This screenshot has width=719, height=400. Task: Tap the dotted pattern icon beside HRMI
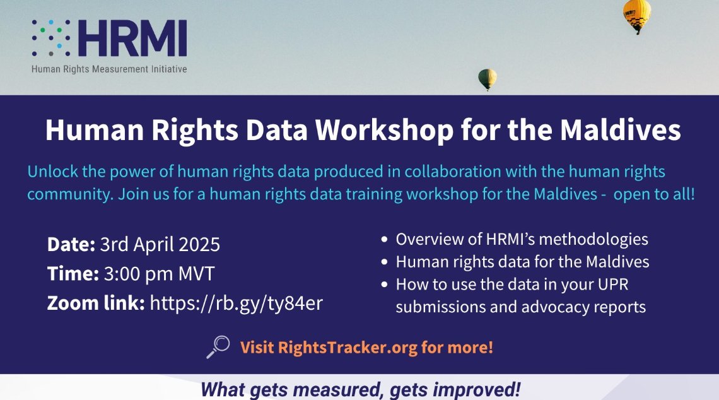click(51, 38)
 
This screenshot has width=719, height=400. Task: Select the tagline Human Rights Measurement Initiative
click(109, 69)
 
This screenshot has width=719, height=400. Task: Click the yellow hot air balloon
click(636, 15)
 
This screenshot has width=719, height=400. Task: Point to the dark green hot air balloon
click(487, 79)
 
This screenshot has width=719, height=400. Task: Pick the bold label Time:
click(72, 274)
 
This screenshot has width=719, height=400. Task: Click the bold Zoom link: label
click(96, 303)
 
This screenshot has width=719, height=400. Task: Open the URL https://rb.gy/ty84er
click(236, 303)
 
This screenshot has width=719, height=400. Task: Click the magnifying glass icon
click(218, 346)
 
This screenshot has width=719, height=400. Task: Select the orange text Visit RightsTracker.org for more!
click(366, 347)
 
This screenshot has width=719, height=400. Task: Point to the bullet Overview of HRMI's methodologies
click(522, 240)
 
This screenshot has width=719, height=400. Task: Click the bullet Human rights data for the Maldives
click(522, 262)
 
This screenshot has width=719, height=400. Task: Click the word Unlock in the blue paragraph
click(50, 172)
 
